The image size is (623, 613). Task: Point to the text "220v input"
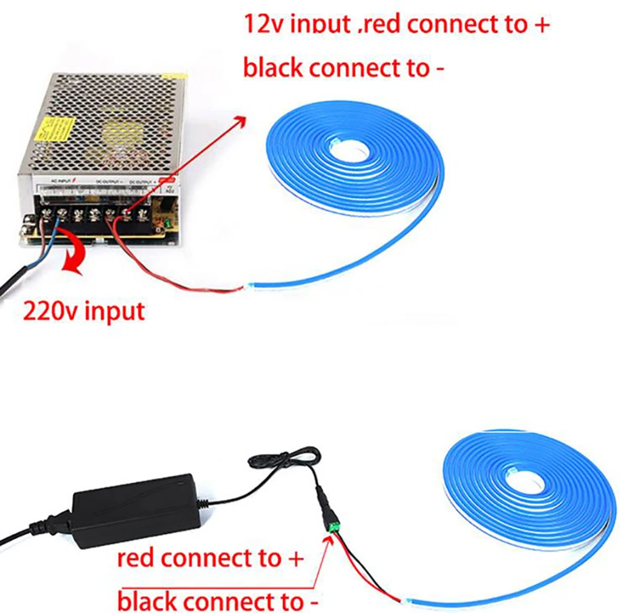(x=83, y=310)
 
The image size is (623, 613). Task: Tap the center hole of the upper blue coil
(x=353, y=148)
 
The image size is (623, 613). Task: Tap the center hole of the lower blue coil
(x=525, y=480)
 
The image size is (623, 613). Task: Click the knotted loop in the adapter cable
(x=274, y=459)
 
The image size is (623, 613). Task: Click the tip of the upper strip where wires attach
(x=247, y=287)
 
